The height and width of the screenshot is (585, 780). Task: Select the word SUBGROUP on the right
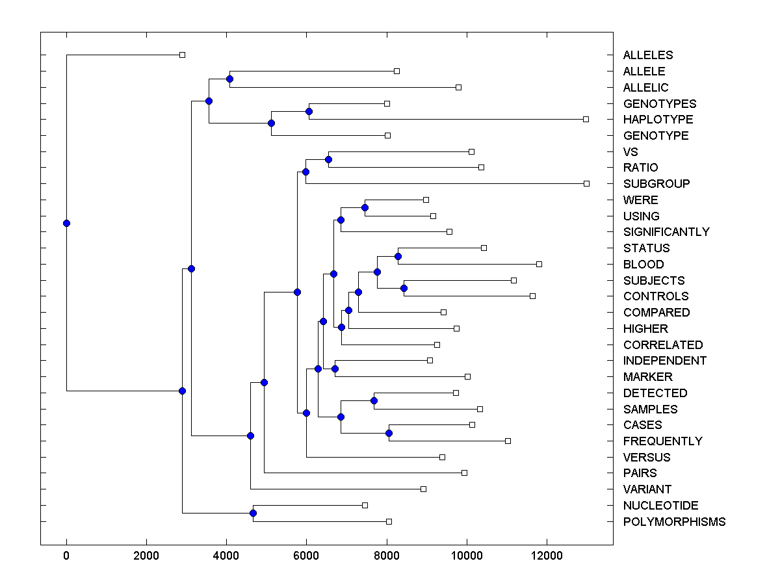(x=656, y=184)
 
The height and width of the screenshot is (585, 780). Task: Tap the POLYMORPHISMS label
(x=674, y=522)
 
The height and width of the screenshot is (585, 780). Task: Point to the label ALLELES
(x=648, y=55)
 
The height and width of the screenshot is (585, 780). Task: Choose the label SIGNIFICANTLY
(x=666, y=232)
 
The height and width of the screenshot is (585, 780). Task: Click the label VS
(x=630, y=152)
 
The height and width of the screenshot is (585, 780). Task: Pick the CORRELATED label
(x=663, y=345)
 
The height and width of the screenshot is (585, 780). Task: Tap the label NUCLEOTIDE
(x=660, y=506)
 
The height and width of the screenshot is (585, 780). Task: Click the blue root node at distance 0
(x=66, y=223)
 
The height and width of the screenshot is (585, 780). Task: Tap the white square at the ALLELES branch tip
(x=182, y=55)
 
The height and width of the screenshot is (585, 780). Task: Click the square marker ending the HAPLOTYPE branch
(x=586, y=119)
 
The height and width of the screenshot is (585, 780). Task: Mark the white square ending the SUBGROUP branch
(x=586, y=183)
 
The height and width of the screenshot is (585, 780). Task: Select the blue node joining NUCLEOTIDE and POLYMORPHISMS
(x=253, y=513)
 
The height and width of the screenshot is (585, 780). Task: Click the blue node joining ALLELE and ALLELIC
(x=229, y=79)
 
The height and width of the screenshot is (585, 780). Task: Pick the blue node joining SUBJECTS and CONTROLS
(x=404, y=288)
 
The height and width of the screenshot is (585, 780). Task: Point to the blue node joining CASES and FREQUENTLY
(x=389, y=433)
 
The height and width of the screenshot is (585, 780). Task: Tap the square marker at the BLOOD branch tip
(x=539, y=264)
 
